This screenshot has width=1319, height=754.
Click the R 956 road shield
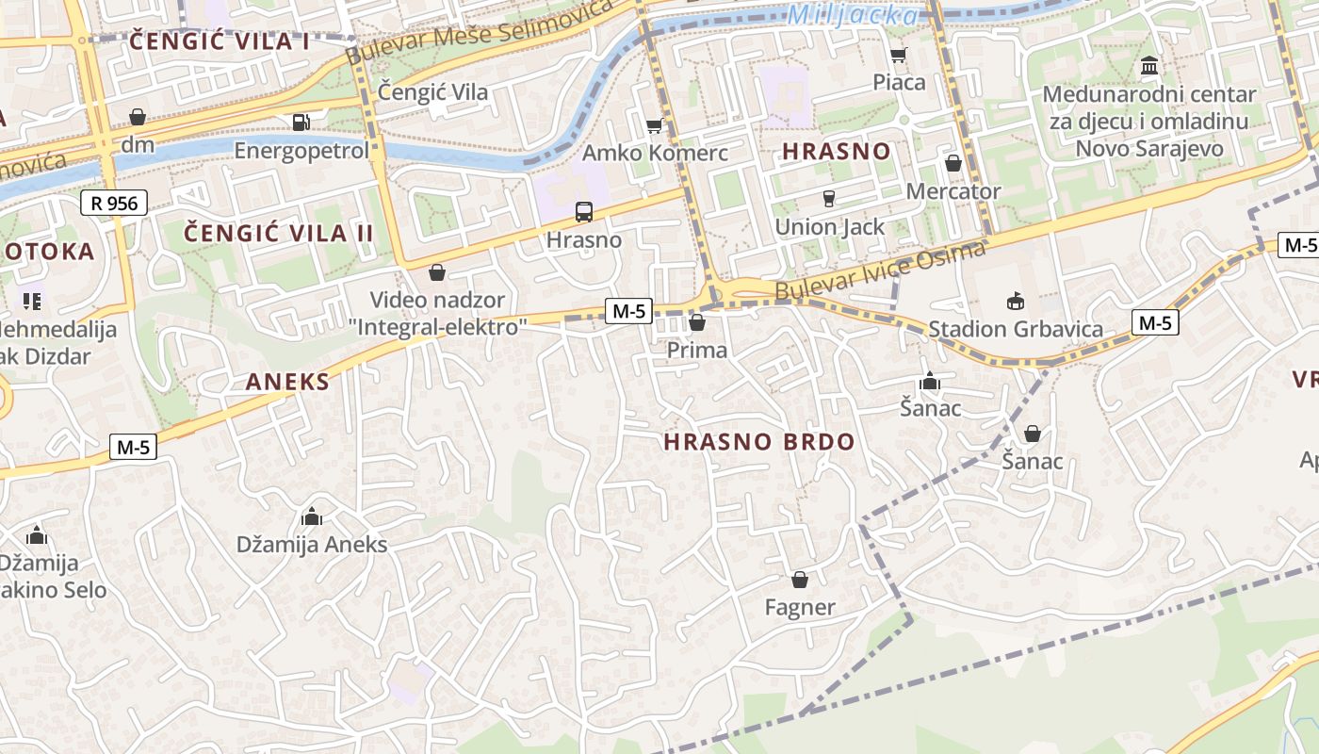(x=114, y=203)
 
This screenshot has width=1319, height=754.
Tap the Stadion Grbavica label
(x=1016, y=329)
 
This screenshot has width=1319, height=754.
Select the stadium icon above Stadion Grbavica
(x=1015, y=302)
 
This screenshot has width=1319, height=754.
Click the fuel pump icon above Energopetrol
(x=301, y=122)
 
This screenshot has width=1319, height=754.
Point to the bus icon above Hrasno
(x=584, y=211)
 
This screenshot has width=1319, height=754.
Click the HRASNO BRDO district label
(x=758, y=442)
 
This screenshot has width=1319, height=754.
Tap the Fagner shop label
(x=799, y=608)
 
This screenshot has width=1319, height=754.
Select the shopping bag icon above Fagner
(x=799, y=580)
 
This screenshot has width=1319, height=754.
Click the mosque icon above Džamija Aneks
(x=311, y=516)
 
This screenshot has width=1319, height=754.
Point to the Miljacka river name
(x=853, y=15)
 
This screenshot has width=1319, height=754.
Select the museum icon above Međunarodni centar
(x=1148, y=66)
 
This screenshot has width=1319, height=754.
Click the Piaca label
(x=899, y=82)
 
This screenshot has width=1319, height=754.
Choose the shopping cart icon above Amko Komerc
(x=654, y=125)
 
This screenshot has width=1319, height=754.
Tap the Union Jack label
(x=829, y=227)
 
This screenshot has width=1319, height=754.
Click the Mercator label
(x=953, y=191)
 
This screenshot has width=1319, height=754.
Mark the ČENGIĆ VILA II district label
(x=278, y=234)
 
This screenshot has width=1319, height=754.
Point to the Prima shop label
(x=696, y=351)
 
